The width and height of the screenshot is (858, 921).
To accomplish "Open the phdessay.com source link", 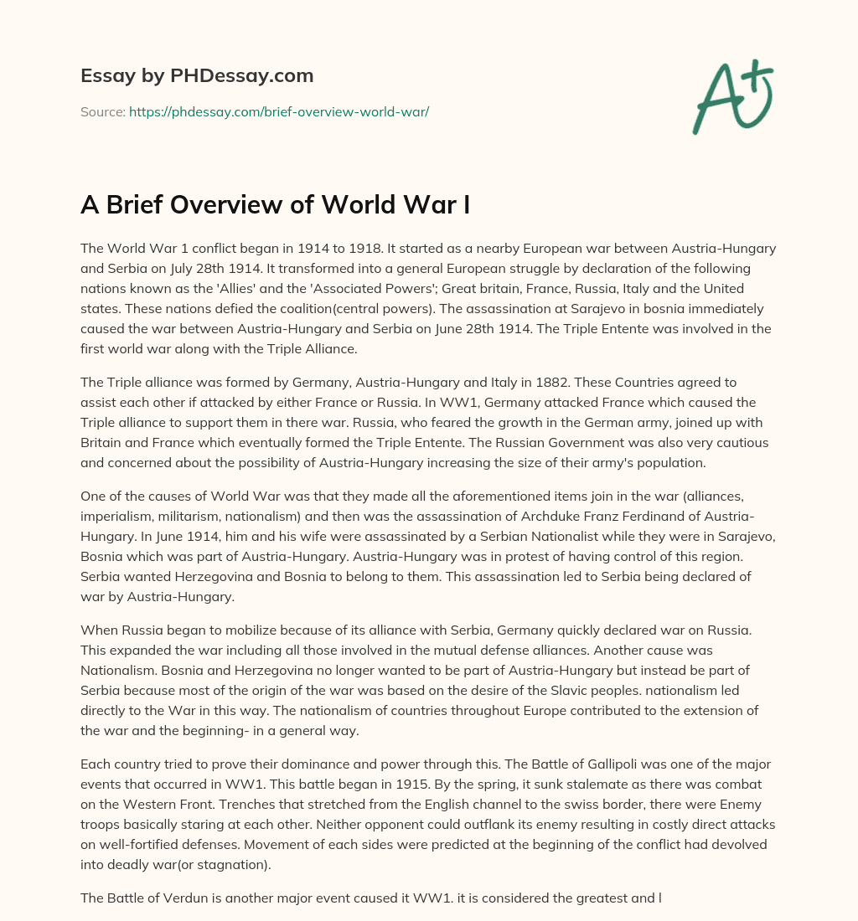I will (x=279, y=111).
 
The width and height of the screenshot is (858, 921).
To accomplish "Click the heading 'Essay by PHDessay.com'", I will (x=197, y=75).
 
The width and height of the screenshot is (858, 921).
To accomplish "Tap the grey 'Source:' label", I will (x=103, y=111).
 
